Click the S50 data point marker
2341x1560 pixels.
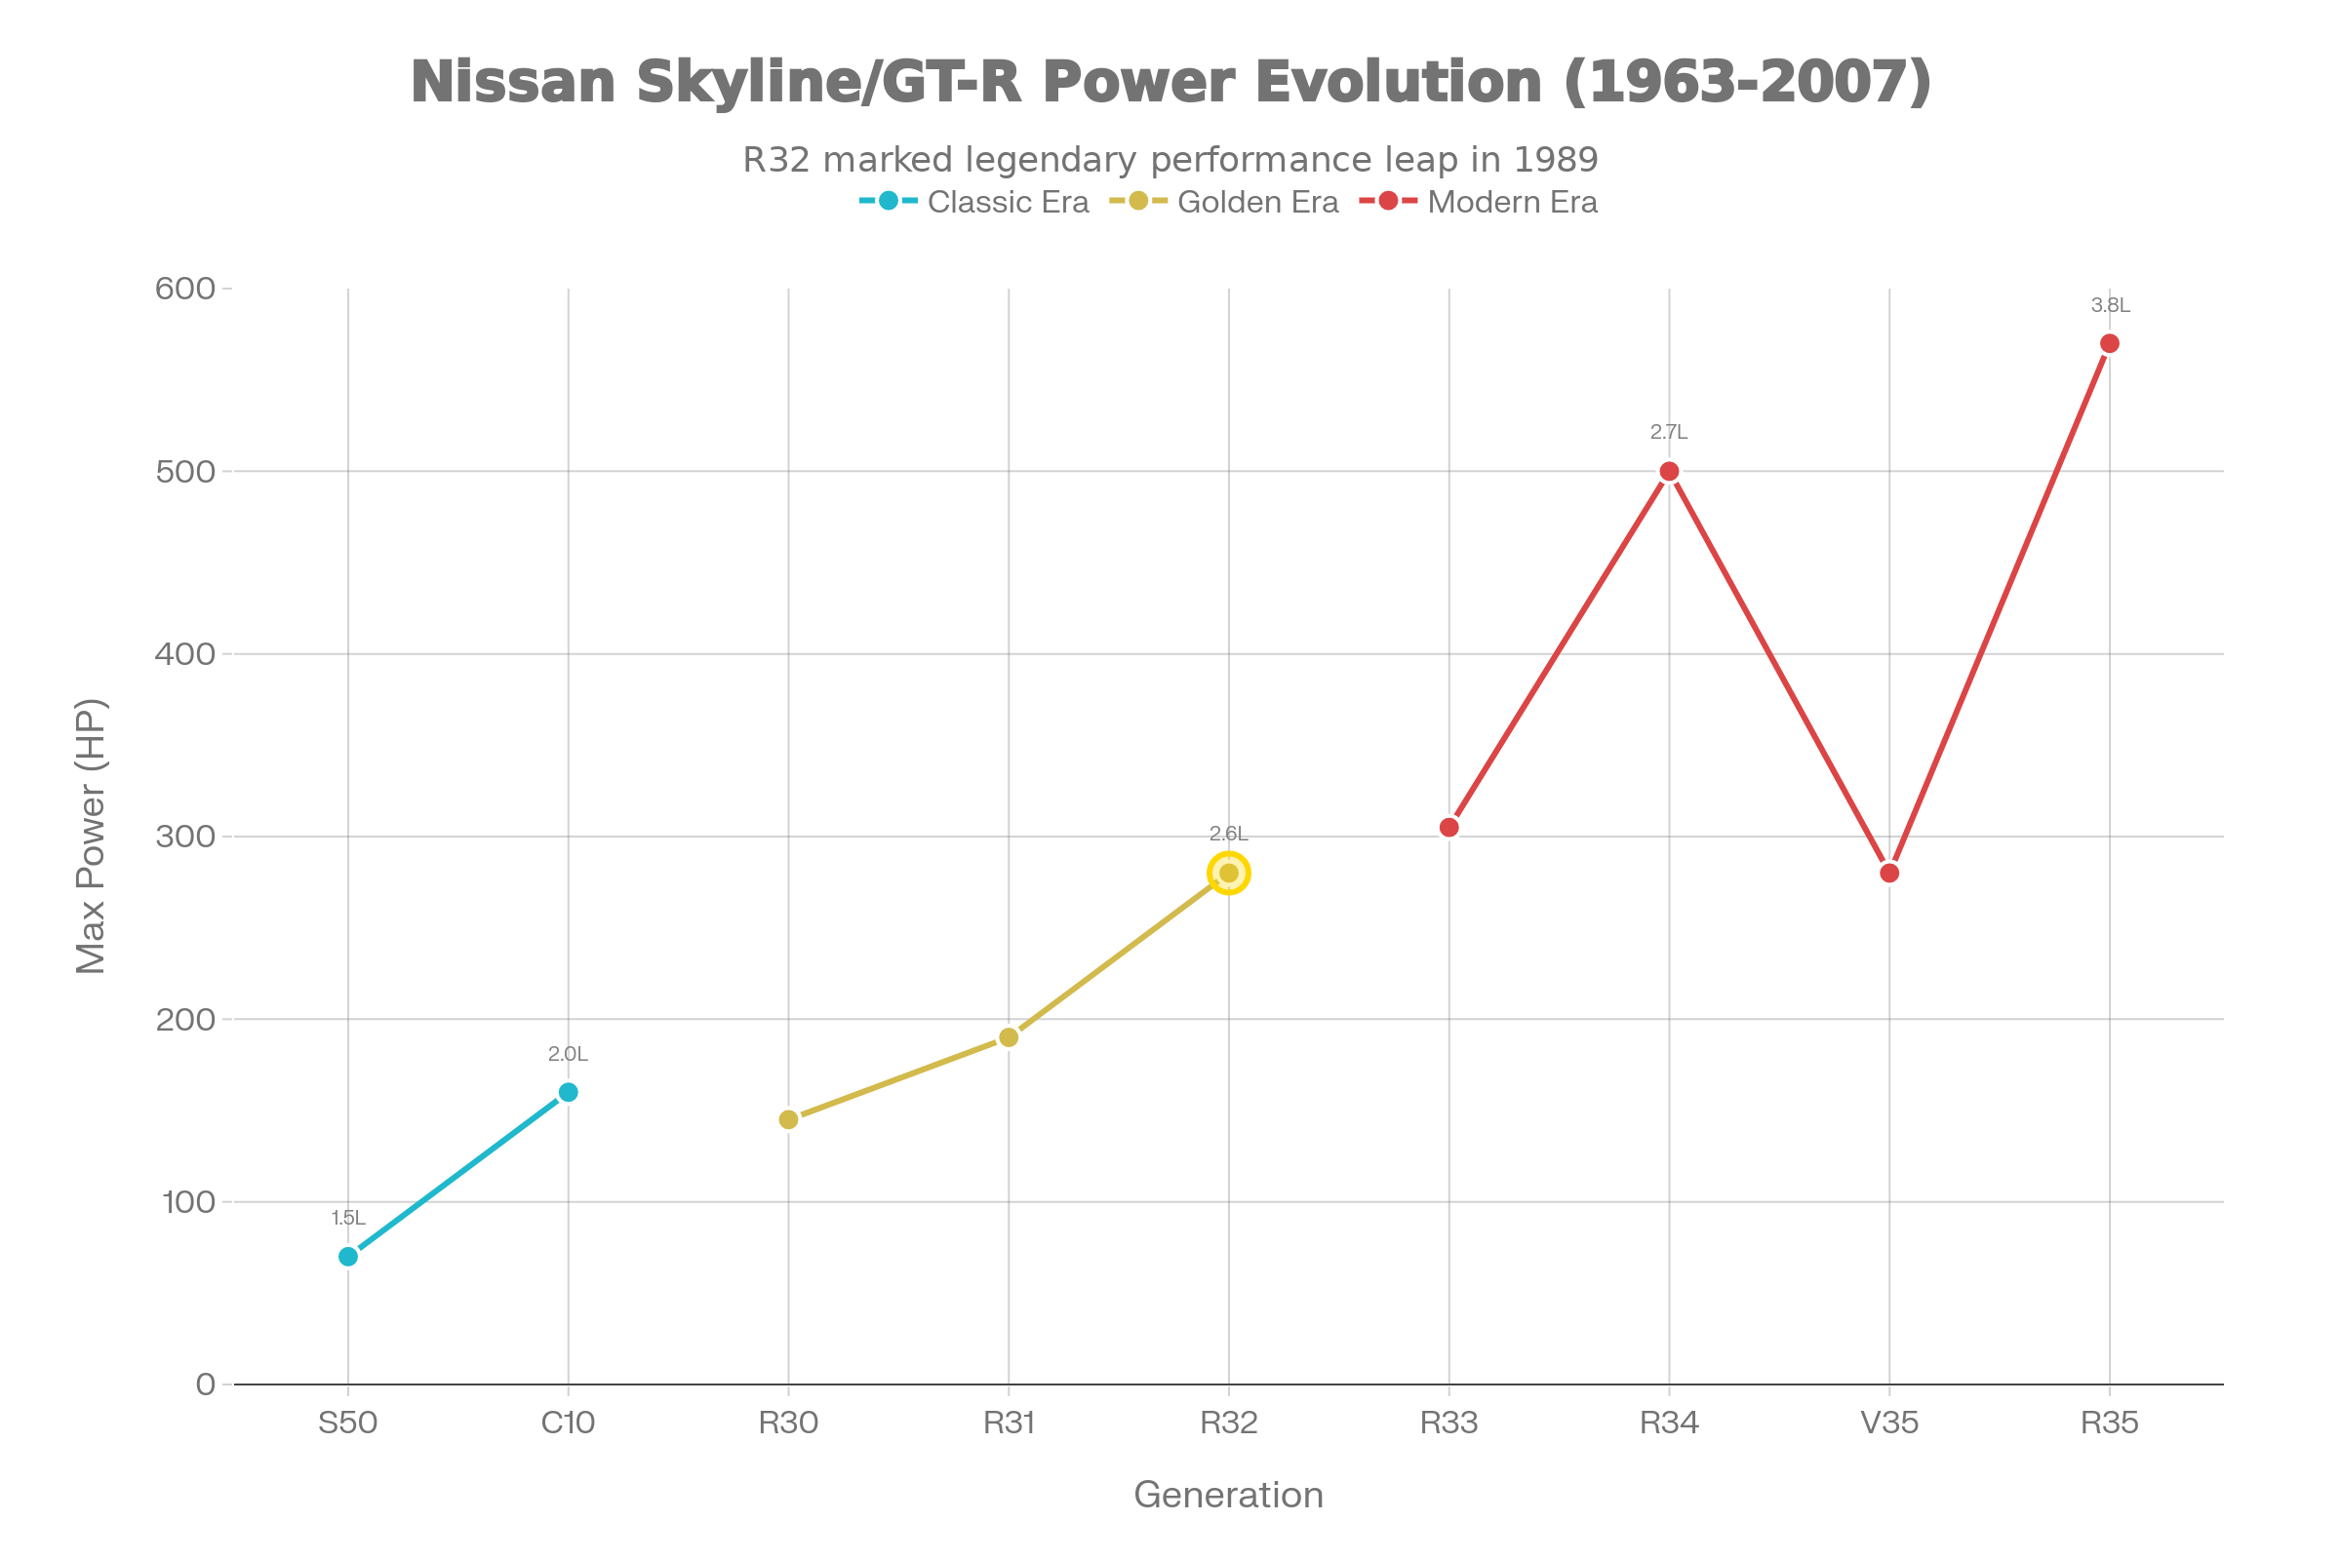pyautogui.click(x=347, y=1257)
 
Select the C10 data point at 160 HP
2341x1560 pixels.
pyautogui.click(x=569, y=1092)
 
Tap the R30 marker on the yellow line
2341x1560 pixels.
pyautogui.click(x=788, y=1119)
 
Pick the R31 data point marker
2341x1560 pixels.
pyautogui.click(x=1009, y=1037)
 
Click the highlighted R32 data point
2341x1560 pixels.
pyautogui.click(x=1229, y=874)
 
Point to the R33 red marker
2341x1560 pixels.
pyautogui.click(x=1449, y=828)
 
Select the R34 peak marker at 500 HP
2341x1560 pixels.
pyautogui.click(x=1669, y=472)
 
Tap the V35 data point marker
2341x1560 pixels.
pyautogui.click(x=1889, y=874)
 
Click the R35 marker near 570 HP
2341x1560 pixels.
pyautogui.click(x=2109, y=343)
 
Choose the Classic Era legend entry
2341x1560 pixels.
pyautogui.click(x=975, y=202)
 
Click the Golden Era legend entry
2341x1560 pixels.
pyautogui.click(x=1225, y=202)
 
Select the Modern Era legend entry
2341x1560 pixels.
pyautogui.click(x=1479, y=202)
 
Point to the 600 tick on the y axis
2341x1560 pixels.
pyautogui.click(x=185, y=289)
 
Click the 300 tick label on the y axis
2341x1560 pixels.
pyautogui.click(x=185, y=837)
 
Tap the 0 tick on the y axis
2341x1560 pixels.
pyautogui.click(x=206, y=1384)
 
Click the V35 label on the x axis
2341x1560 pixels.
pyautogui.click(x=1889, y=1423)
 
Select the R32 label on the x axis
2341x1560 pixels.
pyautogui.click(x=1229, y=1423)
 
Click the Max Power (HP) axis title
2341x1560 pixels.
pyautogui.click(x=92, y=836)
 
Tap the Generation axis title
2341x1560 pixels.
pyautogui.click(x=1228, y=1496)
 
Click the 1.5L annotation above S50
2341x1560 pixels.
pyautogui.click(x=347, y=1219)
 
